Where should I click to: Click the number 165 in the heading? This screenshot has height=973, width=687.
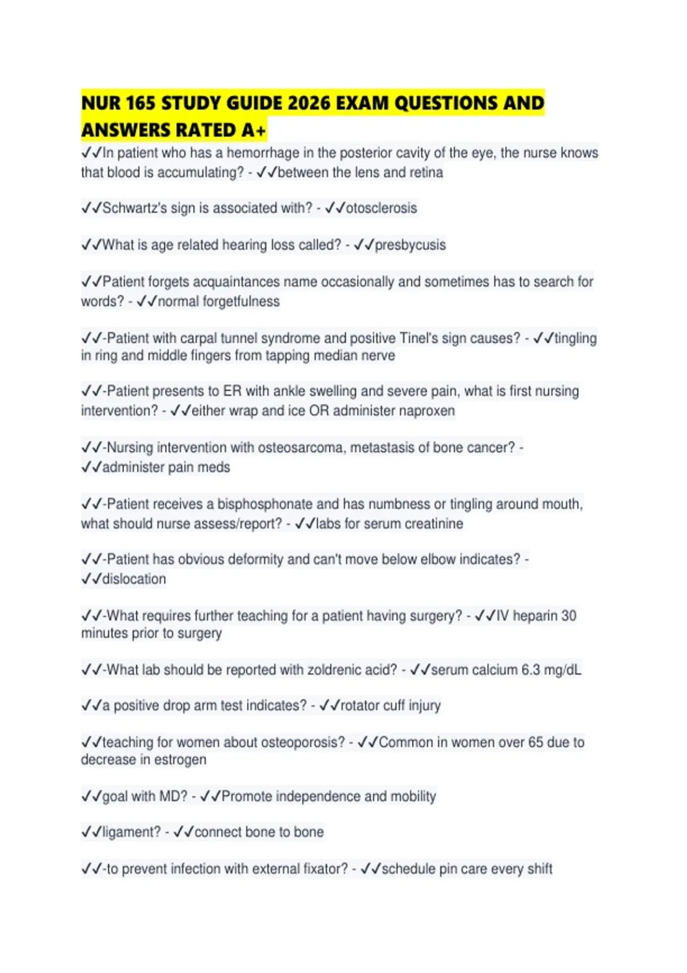coord(140,104)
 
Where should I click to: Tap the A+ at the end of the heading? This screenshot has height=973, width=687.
coord(253,131)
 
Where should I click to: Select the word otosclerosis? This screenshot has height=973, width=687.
coord(381,208)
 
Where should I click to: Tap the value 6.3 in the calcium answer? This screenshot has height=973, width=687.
coord(530,670)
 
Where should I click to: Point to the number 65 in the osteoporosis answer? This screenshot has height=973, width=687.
coord(535,742)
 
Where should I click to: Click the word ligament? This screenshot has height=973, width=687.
coord(131,832)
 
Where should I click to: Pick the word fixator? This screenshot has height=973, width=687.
coord(320,869)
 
